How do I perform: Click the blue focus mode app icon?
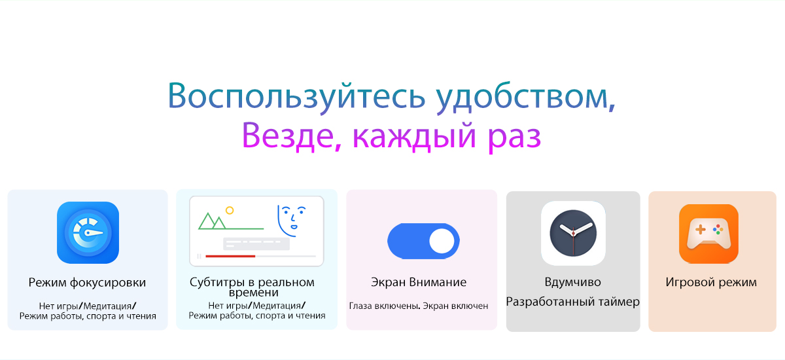88,232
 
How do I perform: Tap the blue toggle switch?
423,241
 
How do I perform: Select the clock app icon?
573,233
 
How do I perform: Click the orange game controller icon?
708,234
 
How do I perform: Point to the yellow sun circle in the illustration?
230,210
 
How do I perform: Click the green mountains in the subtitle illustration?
213,221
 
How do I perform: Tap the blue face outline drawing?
290,221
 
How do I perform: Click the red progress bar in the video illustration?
230,256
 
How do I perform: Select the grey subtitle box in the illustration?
256,243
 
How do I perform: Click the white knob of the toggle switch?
442,241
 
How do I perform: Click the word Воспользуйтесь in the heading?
296,96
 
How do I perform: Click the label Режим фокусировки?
87,283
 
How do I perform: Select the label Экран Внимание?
419,282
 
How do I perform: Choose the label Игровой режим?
711,282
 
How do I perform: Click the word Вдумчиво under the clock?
572,282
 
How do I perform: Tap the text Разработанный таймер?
572,302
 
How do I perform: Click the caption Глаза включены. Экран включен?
419,306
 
